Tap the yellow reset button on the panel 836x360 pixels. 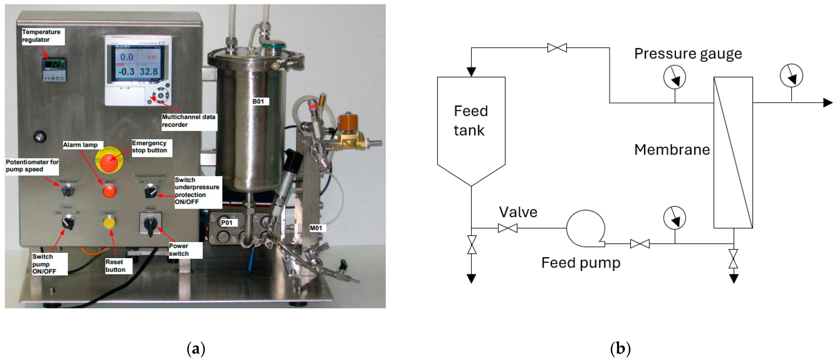[109, 223]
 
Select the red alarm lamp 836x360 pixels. [109, 191]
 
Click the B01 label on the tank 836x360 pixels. [258, 102]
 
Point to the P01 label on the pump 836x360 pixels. [227, 223]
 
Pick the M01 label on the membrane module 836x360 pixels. [316, 228]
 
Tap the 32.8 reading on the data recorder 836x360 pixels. [149, 72]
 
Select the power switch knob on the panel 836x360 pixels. [150, 223]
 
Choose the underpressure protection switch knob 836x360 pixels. [150, 191]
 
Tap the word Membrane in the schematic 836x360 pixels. [672, 150]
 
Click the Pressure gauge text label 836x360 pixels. [688, 54]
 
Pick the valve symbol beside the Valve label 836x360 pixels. [508, 228]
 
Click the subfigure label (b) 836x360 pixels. [620, 349]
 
